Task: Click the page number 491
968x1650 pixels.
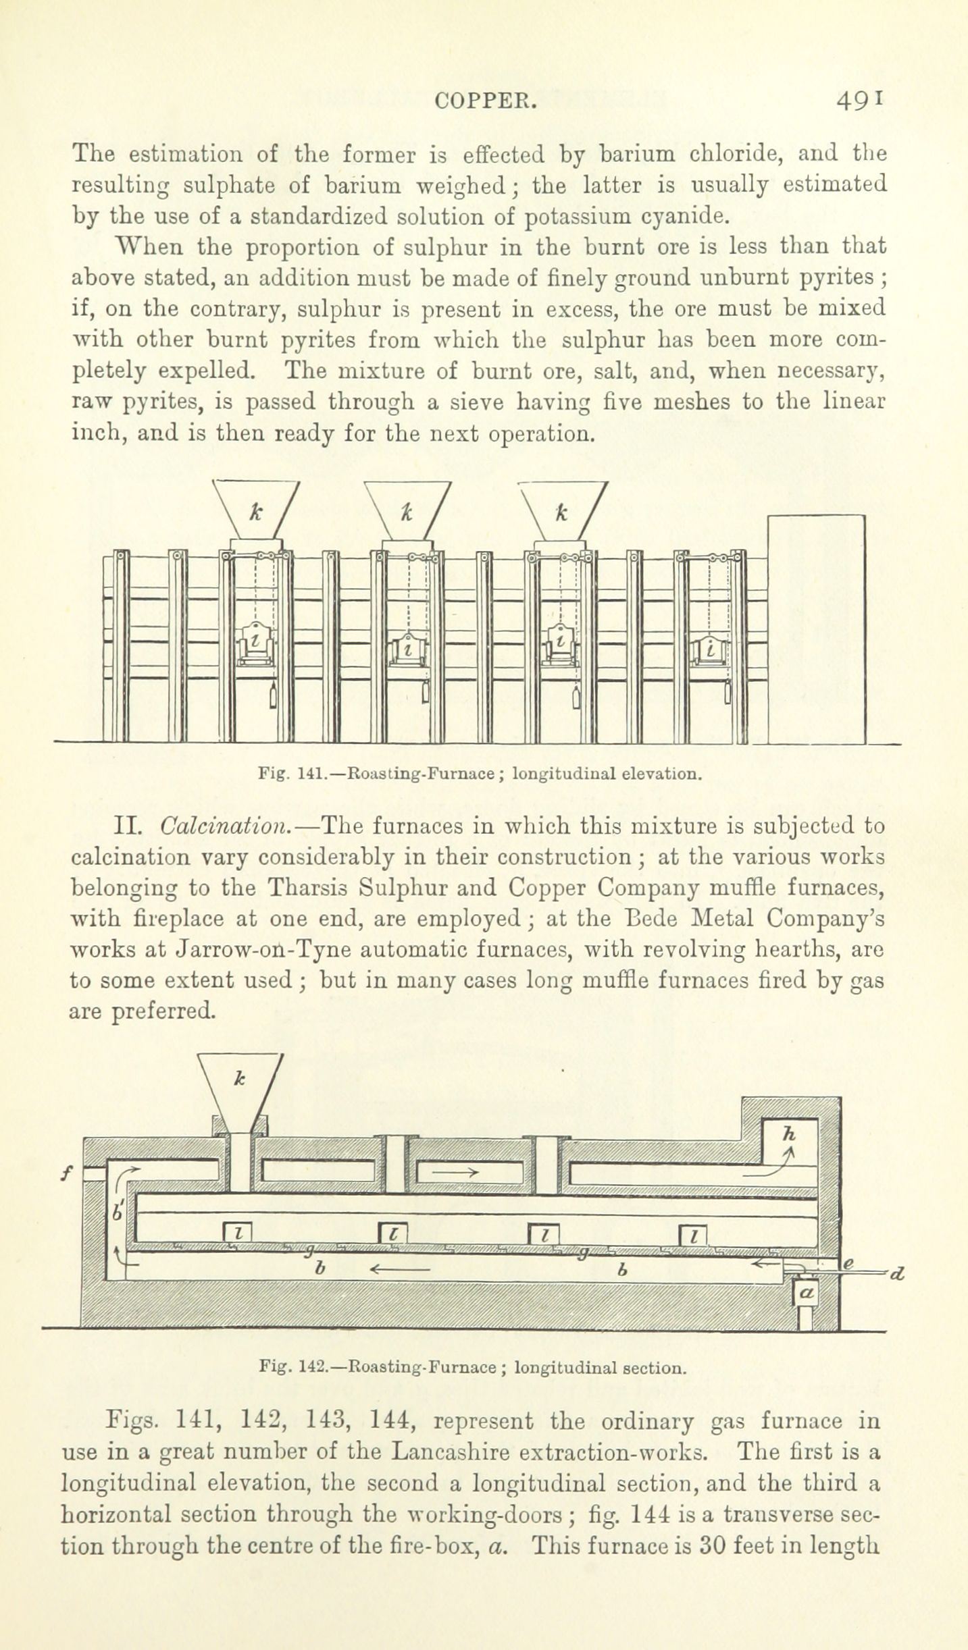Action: point(859,101)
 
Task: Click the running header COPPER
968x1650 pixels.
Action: point(486,101)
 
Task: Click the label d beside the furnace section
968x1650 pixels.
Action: point(897,1275)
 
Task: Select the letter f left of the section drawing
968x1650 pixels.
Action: point(66,1173)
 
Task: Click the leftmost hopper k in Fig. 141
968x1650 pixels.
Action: point(256,510)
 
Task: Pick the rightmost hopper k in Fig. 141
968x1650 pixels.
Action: point(563,510)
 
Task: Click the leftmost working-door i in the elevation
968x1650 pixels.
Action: point(256,642)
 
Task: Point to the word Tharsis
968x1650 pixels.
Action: point(305,888)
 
